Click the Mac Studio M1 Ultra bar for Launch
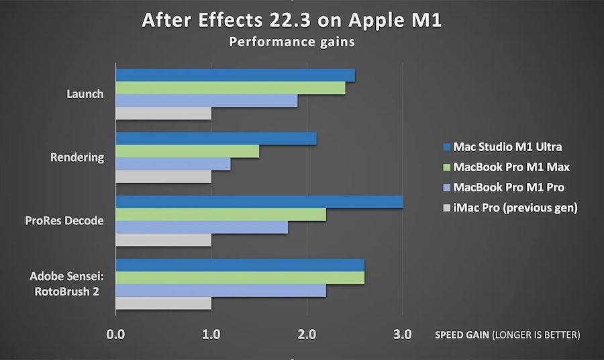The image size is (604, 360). [235, 75]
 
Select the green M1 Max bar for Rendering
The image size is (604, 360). [187, 152]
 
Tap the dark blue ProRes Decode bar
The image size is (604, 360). [259, 202]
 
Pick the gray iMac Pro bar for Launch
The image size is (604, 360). [164, 114]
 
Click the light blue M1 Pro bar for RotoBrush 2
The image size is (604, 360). [221, 291]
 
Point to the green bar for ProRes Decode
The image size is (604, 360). [221, 215]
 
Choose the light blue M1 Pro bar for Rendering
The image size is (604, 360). [173, 165]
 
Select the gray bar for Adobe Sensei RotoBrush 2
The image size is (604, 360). [164, 304]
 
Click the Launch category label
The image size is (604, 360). [85, 94]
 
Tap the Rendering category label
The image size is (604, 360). [78, 157]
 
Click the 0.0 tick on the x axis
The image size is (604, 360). [115, 334]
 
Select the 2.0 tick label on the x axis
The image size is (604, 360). [307, 334]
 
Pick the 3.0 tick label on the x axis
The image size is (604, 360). [403, 334]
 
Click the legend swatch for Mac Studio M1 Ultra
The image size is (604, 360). [446, 146]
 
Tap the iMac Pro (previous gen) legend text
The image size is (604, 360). [515, 208]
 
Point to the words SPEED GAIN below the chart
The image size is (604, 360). [462, 334]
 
